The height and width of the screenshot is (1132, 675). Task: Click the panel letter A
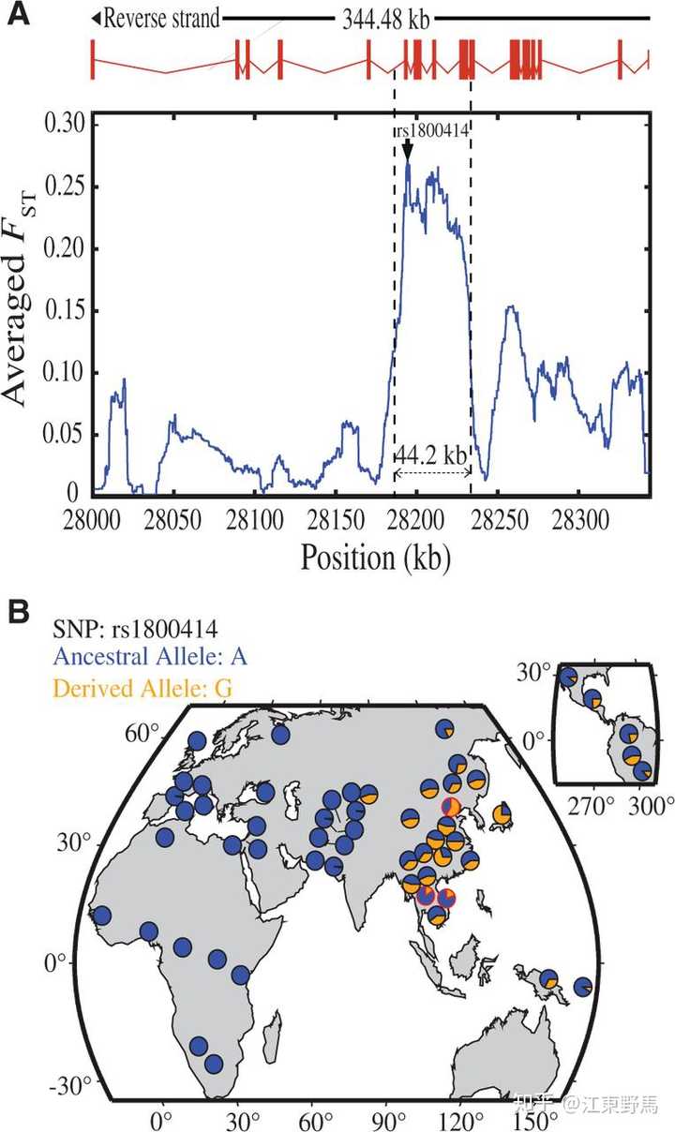18,14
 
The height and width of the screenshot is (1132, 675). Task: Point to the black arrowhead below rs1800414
408,152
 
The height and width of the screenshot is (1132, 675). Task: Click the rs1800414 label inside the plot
432,130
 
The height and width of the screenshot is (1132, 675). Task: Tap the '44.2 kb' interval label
430,455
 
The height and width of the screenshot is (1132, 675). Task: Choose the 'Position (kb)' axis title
376,559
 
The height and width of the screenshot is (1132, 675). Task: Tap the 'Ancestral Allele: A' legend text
150,657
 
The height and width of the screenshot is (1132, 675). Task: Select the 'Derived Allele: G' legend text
142,688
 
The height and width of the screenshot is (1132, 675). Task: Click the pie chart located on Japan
502,813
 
